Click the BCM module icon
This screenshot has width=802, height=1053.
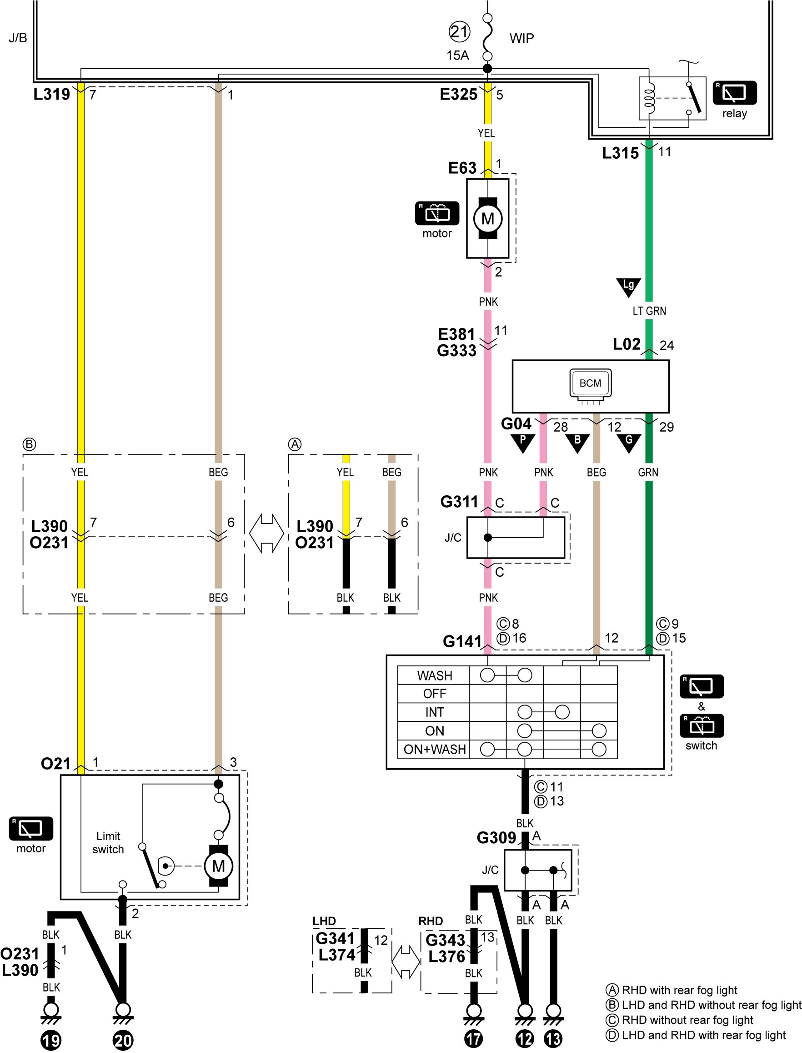coord(591,384)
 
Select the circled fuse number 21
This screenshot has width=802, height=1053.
coord(459,32)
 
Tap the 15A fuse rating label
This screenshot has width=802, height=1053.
coord(457,55)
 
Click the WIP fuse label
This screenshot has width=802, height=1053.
coord(522,38)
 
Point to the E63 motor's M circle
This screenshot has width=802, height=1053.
coord(487,219)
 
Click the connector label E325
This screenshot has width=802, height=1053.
coord(458,95)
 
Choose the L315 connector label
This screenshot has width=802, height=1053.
coord(620,153)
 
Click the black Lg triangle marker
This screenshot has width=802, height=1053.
coord(628,287)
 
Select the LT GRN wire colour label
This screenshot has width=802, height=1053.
coord(649,311)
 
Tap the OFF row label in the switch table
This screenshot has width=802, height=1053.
coord(435,693)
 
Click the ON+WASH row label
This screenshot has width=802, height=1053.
coord(435,749)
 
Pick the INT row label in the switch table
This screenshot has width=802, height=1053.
coord(435,712)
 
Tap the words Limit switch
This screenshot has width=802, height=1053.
coord(108,843)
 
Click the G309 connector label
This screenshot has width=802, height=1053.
coord(496,838)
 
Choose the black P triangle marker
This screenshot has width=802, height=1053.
coord(522,442)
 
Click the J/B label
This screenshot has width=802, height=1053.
coord(18,38)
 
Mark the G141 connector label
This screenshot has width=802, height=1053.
coord(462,641)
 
